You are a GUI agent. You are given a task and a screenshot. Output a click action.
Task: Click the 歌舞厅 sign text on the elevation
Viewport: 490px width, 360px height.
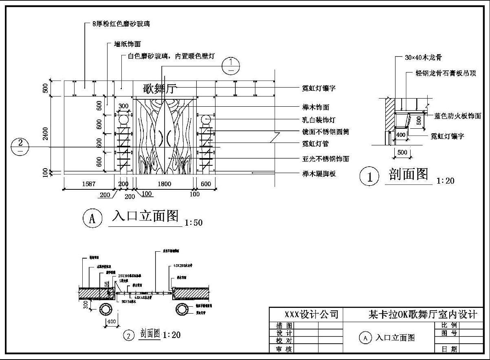coord(159,89)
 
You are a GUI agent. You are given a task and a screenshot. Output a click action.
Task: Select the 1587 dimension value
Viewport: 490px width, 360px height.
coord(88,184)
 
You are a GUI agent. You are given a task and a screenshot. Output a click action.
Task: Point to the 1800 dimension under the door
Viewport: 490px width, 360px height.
coord(164,184)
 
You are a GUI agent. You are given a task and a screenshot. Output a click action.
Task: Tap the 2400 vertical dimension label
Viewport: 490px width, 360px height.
coord(46,134)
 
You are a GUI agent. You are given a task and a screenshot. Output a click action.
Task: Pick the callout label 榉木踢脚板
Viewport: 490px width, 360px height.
coord(319,174)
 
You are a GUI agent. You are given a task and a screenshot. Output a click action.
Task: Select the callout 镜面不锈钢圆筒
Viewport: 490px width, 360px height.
coord(325,132)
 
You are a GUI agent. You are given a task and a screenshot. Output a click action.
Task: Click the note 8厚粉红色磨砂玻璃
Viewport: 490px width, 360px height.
coord(121,24)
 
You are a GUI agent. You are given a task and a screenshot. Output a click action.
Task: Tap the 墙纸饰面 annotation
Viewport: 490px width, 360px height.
coord(127,44)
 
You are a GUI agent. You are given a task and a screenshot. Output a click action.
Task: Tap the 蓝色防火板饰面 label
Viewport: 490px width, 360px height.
coord(457,116)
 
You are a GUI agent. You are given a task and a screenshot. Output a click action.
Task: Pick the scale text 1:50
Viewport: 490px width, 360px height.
coord(193,223)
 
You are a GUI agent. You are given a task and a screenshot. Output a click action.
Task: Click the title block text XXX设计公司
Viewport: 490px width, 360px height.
coord(311,314)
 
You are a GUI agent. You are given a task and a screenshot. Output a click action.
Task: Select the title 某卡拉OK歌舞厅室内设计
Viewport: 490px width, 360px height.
coord(423,314)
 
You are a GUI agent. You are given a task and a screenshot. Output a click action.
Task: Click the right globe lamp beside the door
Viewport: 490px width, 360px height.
coord(206,120)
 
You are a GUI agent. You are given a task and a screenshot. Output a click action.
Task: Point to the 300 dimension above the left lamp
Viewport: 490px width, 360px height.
coord(123,106)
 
